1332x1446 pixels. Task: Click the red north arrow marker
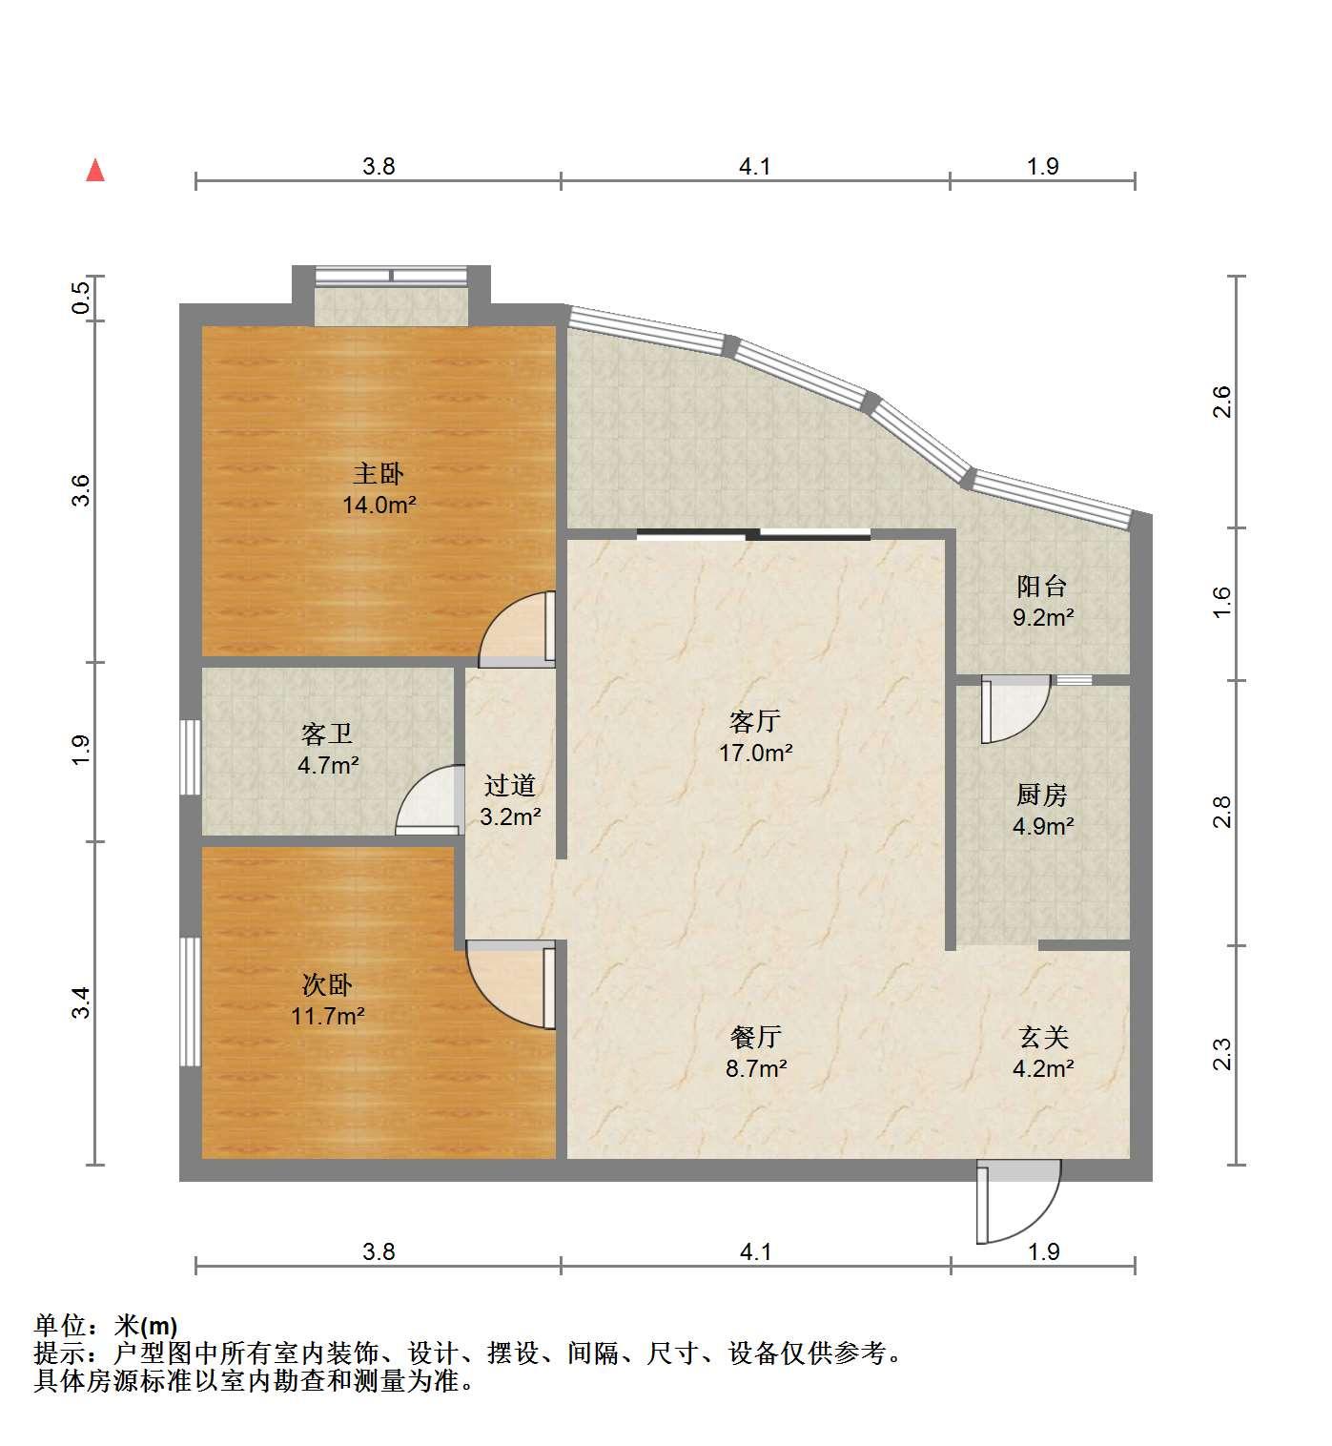coord(95,171)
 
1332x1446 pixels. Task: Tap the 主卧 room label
coord(379,474)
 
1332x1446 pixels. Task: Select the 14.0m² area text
coord(379,505)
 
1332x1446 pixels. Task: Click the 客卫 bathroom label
coord(327,733)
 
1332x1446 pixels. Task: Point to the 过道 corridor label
coord(510,786)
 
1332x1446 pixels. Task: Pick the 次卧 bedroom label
coord(327,984)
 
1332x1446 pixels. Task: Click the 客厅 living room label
coord(755,721)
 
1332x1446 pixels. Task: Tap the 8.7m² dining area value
coord(756,1068)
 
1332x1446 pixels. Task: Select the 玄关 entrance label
coord(1044,1037)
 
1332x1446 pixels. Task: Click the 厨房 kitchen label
coord(1042,795)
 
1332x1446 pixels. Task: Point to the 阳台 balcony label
coord(1042,586)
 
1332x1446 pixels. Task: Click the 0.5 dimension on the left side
coord(81,298)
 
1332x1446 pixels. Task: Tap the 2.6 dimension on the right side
coord(1222,402)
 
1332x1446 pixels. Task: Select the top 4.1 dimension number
coord(754,167)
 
